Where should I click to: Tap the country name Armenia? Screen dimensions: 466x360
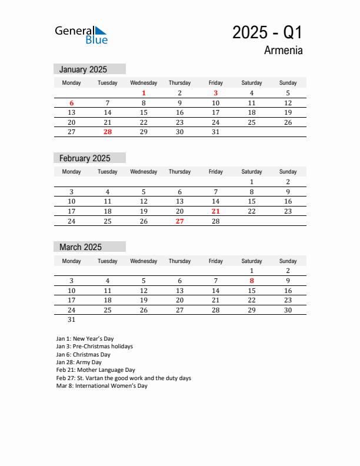[x=283, y=51]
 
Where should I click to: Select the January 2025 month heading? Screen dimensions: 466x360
[x=83, y=69]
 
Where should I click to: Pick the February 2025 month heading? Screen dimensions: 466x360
[x=85, y=158]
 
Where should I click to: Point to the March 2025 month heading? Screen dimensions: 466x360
[x=81, y=247]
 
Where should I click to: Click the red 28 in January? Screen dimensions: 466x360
[x=108, y=132]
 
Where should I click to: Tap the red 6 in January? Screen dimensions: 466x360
[x=72, y=103]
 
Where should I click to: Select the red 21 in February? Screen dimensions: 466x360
[x=216, y=211]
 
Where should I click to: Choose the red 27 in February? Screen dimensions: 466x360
[x=179, y=221]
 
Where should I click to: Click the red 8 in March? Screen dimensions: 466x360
[x=252, y=281]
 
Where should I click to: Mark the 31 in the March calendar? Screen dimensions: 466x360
[x=72, y=320]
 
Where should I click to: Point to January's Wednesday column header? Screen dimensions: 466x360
[x=144, y=83]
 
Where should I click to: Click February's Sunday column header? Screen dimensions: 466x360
[x=288, y=172]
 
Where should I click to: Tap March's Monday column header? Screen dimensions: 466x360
[x=72, y=261]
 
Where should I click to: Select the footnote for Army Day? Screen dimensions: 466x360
[x=79, y=362]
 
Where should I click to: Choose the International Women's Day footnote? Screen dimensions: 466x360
[x=102, y=386]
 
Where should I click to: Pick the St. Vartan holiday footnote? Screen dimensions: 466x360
[x=124, y=378]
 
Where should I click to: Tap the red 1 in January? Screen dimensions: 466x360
[x=144, y=93]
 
